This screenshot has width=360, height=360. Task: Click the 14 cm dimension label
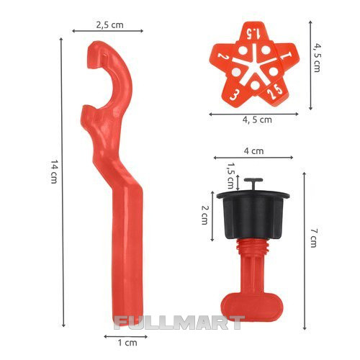[54, 171]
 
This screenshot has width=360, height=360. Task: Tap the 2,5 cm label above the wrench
[110, 25]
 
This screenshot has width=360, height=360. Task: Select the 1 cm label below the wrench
[127, 343]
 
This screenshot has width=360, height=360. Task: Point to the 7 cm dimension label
[313, 238]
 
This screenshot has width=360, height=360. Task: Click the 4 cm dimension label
[253, 151]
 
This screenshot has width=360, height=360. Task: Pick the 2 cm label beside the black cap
[204, 215]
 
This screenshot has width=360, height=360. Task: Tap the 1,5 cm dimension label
[230, 176]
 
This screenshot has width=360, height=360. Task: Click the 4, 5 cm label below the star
[257, 120]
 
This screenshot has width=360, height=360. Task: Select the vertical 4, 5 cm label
[317, 58]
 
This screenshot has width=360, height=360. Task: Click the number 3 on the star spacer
[233, 95]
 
